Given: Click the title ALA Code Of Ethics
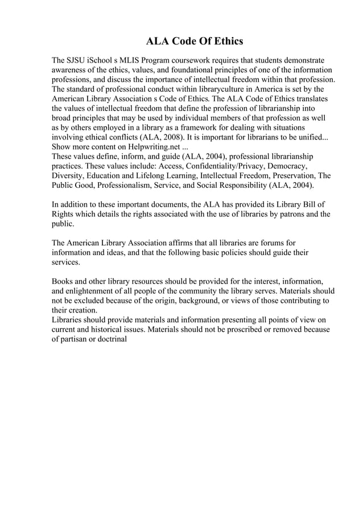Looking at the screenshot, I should point(195,41).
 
